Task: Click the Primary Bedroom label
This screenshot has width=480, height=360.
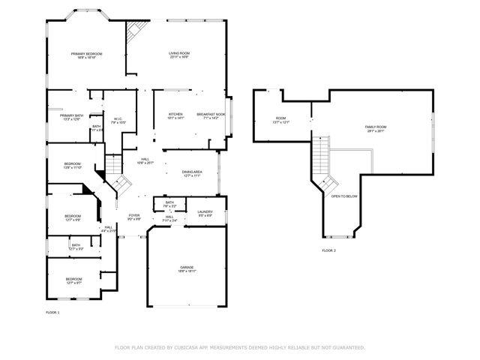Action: (86, 54)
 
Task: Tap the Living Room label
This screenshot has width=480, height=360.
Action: (178, 54)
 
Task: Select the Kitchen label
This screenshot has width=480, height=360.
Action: (175, 114)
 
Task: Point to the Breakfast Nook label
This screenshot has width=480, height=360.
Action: (211, 114)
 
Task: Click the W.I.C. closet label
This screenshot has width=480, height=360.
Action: (118, 118)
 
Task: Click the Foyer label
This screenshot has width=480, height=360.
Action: (134, 215)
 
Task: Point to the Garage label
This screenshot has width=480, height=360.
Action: (186, 268)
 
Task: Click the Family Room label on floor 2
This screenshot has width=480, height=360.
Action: (376, 127)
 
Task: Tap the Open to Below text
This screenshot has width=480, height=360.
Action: (344, 196)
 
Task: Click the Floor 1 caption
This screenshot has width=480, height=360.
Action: (52, 311)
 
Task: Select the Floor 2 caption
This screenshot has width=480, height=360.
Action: (329, 250)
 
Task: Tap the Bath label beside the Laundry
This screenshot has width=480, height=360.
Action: (169, 202)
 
